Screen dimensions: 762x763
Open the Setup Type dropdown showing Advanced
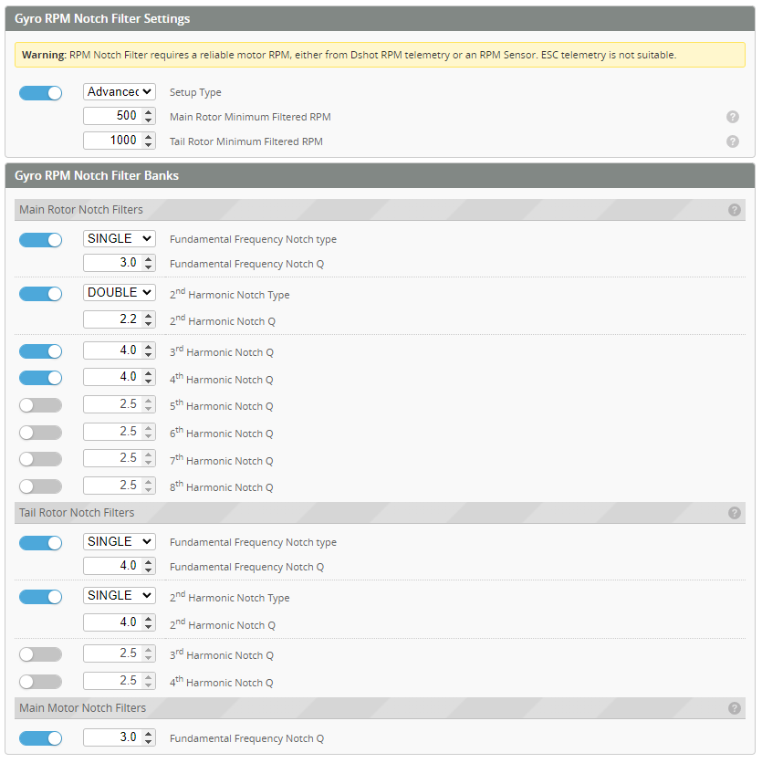[120, 91]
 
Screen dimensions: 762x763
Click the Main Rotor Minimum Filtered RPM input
[120, 116]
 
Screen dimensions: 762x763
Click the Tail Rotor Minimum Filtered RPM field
[120, 141]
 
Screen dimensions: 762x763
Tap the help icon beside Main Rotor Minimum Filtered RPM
[732, 117]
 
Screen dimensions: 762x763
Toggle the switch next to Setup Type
[40, 93]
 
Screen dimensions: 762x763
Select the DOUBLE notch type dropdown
[120, 292]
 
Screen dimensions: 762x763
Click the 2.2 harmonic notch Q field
[120, 319]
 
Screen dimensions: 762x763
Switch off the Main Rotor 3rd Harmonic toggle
[40, 351]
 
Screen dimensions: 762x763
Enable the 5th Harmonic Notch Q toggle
[40, 405]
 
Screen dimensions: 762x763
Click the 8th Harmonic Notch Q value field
[120, 486]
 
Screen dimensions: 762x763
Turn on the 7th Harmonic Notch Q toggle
[40, 459]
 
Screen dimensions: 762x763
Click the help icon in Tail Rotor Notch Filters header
[735, 513]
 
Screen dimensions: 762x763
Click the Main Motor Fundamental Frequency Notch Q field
[120, 737]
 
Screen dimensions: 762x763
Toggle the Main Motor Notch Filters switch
[40, 738]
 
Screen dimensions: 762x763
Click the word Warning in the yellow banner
[44, 55]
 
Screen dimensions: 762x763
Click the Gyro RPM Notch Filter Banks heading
[97, 175]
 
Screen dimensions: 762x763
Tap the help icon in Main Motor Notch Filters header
[735, 708]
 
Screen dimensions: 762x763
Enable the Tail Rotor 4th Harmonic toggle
[40, 682]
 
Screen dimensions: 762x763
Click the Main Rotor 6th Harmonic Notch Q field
[120, 432]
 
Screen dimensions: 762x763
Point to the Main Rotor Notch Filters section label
[81, 210]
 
